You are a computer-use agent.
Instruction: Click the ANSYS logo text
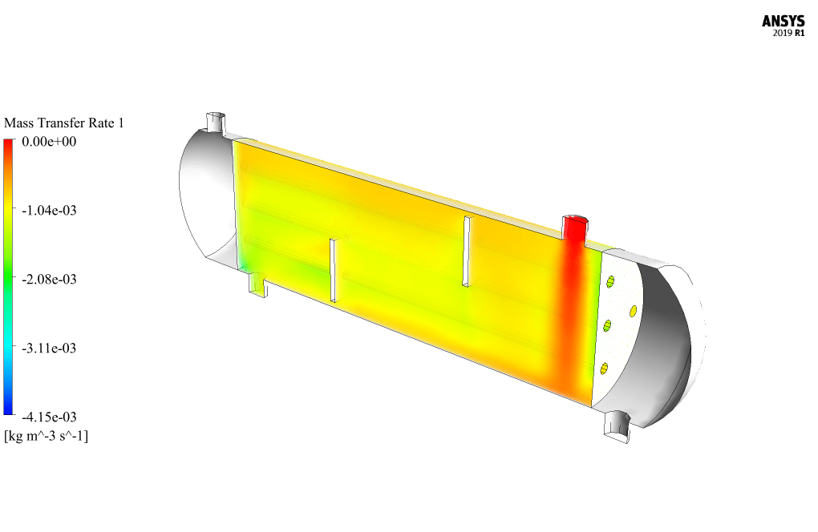coord(783,22)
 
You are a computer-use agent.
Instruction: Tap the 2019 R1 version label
coord(788,34)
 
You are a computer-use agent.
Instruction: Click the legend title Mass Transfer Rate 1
coord(64,123)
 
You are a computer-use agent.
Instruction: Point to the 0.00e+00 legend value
coord(49,142)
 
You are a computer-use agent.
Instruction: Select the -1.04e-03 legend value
coord(49,211)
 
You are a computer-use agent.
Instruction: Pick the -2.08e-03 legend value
coord(49,280)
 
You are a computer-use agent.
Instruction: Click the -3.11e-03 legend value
coord(49,348)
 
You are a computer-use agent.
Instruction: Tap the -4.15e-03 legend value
coord(49,417)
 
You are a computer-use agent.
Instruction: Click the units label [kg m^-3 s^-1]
coord(46,436)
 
